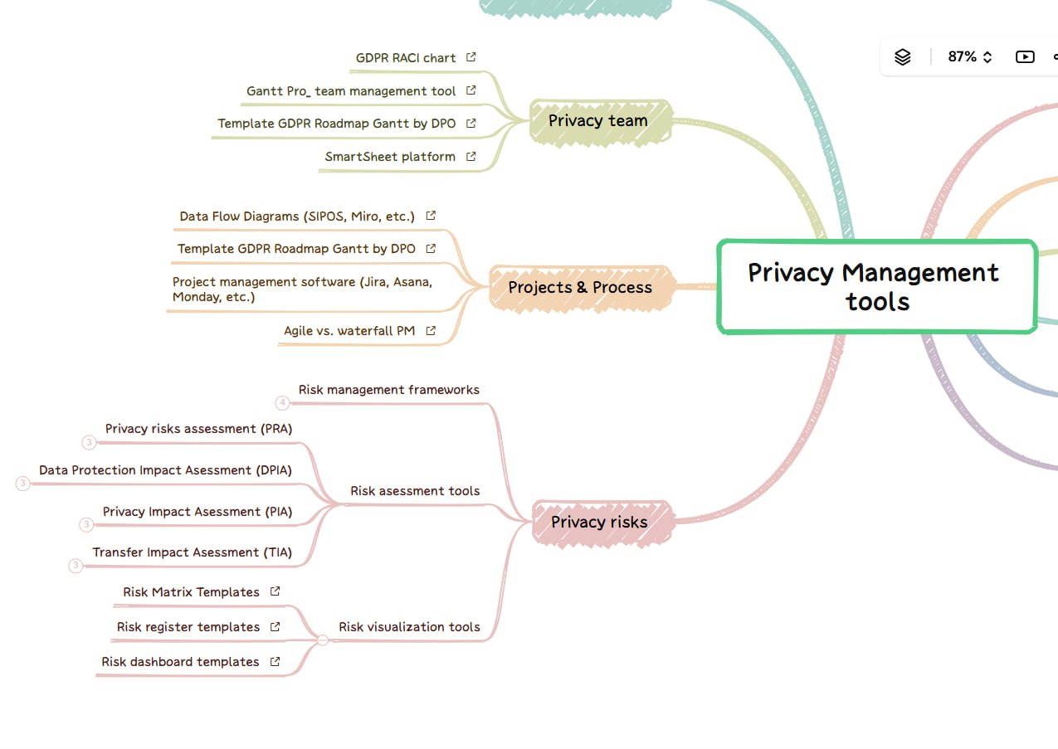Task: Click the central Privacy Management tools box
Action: point(877,287)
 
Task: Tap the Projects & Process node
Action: point(580,288)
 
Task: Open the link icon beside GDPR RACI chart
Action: point(470,57)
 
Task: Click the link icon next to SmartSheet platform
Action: point(470,156)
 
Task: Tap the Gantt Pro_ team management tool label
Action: point(351,91)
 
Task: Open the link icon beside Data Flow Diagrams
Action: point(431,216)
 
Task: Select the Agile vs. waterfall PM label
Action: point(349,331)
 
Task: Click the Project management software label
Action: point(302,289)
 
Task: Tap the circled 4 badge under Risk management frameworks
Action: point(282,403)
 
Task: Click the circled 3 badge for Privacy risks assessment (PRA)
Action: point(89,442)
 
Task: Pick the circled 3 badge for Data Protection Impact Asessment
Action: point(22,484)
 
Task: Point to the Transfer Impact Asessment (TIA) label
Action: point(193,552)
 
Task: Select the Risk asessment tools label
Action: point(415,491)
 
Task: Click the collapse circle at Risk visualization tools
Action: point(323,640)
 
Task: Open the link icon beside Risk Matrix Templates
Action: point(275,591)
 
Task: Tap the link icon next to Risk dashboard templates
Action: point(275,662)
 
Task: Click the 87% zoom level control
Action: point(969,57)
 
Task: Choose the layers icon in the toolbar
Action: point(903,57)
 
